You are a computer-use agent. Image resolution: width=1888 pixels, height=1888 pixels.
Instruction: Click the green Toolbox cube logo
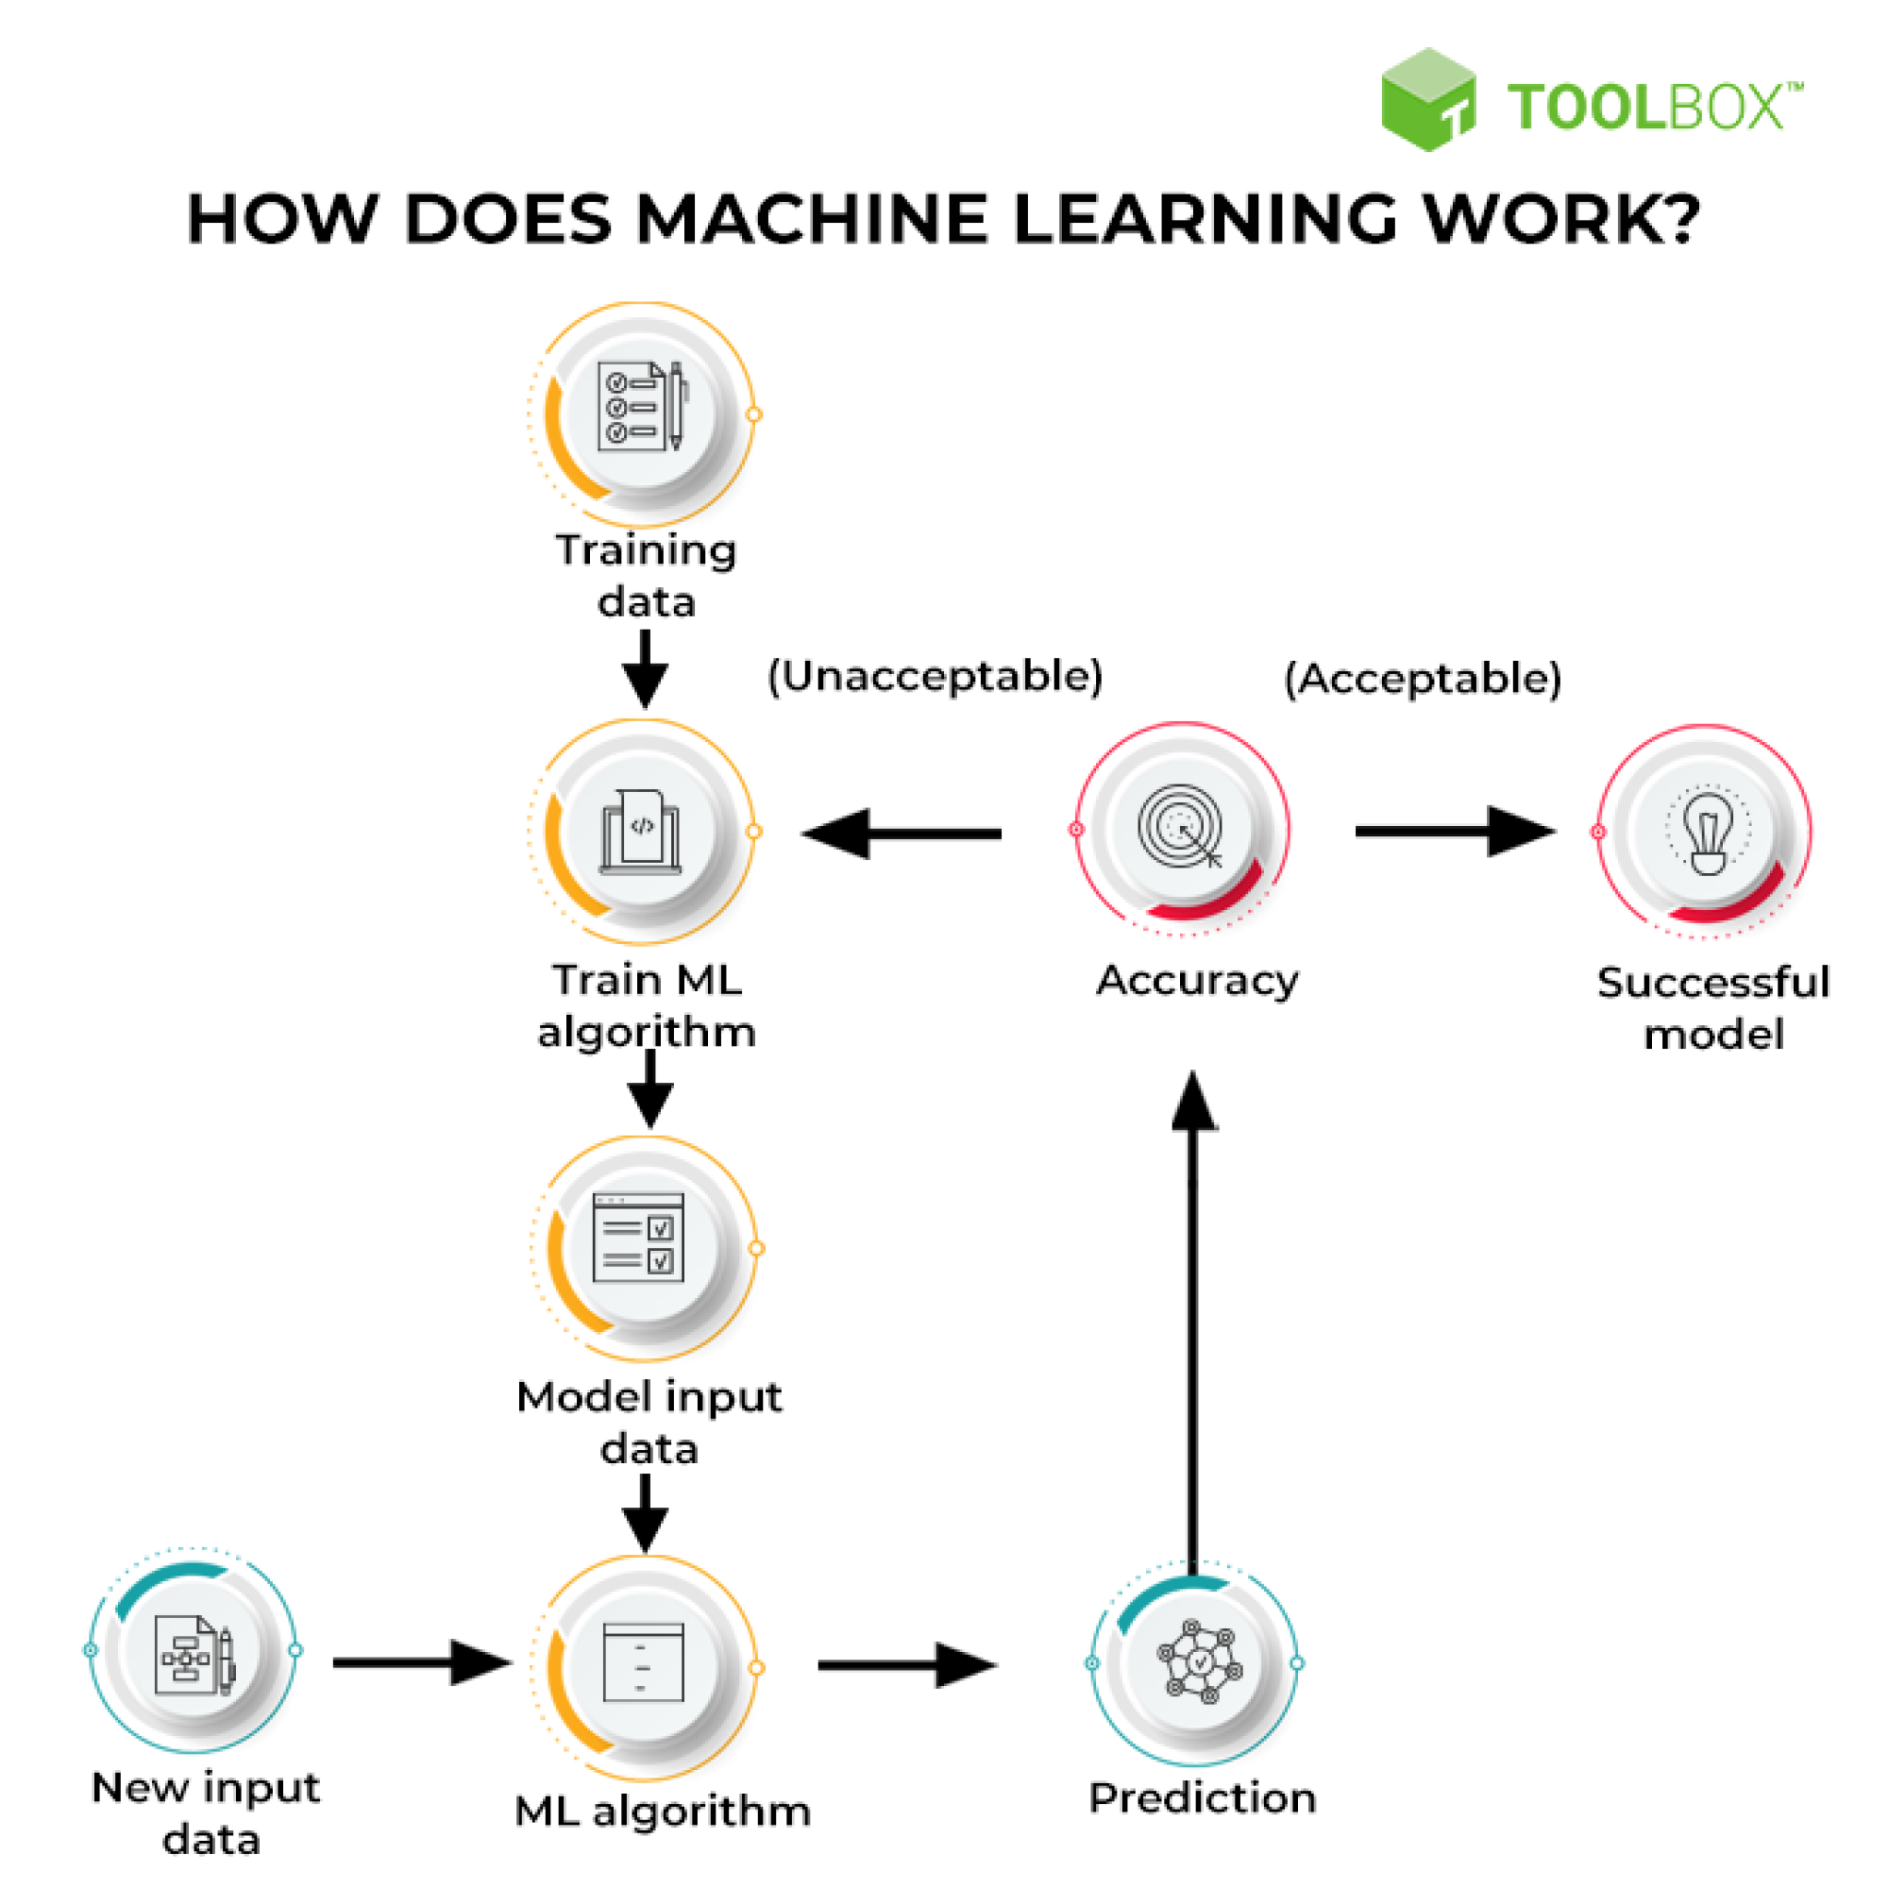coord(1427,100)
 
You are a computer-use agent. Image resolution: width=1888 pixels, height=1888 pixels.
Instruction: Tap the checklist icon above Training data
coord(642,407)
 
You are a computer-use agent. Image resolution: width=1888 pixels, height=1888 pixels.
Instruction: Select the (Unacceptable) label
coord(935,677)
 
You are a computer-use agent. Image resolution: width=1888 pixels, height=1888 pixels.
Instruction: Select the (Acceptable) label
coord(1422,678)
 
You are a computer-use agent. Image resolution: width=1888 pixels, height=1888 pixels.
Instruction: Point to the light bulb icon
coord(1707,832)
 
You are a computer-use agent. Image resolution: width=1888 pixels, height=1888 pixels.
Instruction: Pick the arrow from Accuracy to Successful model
coord(1454,832)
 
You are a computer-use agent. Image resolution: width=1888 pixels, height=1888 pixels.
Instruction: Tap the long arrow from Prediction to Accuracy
coord(1193,1319)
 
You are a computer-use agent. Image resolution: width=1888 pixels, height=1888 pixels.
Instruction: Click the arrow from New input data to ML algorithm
coord(422,1663)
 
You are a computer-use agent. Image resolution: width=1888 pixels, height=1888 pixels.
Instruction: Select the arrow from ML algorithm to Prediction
coord(907,1665)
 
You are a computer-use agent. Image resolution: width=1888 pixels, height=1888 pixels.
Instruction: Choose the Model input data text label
coord(649,1422)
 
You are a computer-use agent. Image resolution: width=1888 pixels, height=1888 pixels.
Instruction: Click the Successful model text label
coord(1713,1008)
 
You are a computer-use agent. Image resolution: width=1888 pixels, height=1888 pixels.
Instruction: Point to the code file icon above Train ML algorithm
coord(641,831)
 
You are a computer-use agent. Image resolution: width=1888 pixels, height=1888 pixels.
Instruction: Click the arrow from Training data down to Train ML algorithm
coord(645,669)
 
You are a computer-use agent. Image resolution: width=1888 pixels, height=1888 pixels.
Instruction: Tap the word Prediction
coord(1202,1798)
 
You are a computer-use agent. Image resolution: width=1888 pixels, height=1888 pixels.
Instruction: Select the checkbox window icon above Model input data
coord(639,1237)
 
